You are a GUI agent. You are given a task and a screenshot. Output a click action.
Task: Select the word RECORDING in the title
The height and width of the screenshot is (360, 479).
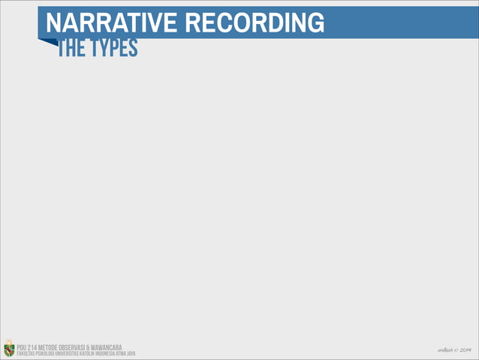(x=255, y=23)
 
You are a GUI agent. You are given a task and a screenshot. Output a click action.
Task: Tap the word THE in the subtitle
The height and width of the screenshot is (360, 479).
(x=71, y=49)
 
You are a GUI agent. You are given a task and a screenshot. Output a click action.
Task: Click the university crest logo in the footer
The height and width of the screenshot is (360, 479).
(x=8, y=349)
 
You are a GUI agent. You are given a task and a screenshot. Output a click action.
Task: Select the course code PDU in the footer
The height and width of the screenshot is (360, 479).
(x=23, y=346)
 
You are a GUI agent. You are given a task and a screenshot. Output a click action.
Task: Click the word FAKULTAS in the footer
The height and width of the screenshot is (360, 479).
(x=26, y=353)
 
